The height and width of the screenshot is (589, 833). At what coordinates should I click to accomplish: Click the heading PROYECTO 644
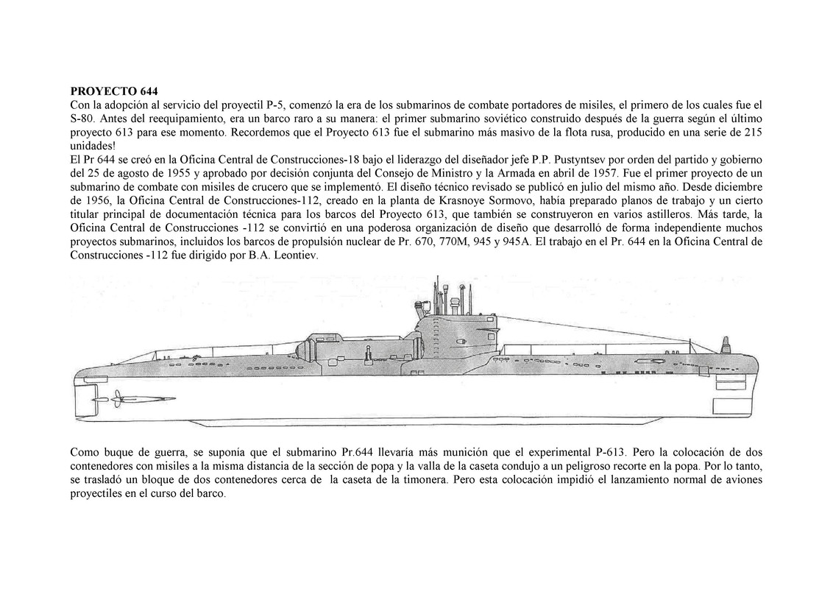pyautogui.click(x=113, y=92)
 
